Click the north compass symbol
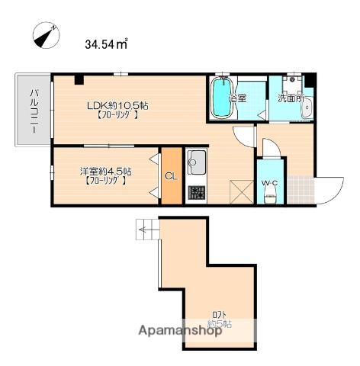click(x=47, y=35)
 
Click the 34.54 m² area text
click(x=106, y=44)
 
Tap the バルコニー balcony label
click(x=34, y=111)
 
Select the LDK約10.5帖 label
click(x=117, y=105)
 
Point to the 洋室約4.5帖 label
click(x=106, y=172)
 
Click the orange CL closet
click(x=172, y=176)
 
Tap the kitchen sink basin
click(x=196, y=162)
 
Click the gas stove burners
click(x=196, y=192)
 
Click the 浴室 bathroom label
click(x=237, y=98)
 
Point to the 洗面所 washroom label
click(x=291, y=98)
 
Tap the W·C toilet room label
click(x=269, y=182)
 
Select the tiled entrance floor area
click(x=301, y=190)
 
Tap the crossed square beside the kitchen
click(x=242, y=192)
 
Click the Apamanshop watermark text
click(x=180, y=331)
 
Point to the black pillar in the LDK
click(x=79, y=80)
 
